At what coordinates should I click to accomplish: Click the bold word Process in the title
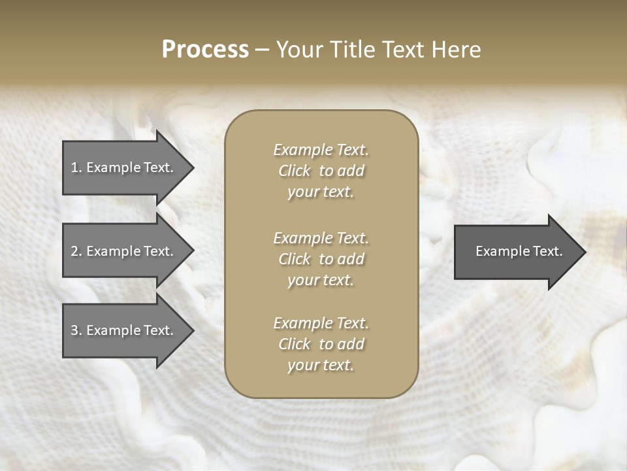click(x=205, y=50)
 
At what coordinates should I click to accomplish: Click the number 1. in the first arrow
click(x=76, y=167)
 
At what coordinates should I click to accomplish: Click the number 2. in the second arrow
click(x=76, y=251)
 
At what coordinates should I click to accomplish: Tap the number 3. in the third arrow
click(x=76, y=330)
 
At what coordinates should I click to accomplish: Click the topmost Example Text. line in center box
click(x=321, y=150)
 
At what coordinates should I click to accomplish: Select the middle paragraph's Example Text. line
click(x=321, y=238)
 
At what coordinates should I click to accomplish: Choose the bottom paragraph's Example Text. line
click(x=321, y=323)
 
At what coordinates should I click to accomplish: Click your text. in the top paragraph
click(x=321, y=192)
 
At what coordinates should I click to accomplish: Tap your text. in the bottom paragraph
click(x=321, y=366)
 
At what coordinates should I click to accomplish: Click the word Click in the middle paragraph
click(x=295, y=259)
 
